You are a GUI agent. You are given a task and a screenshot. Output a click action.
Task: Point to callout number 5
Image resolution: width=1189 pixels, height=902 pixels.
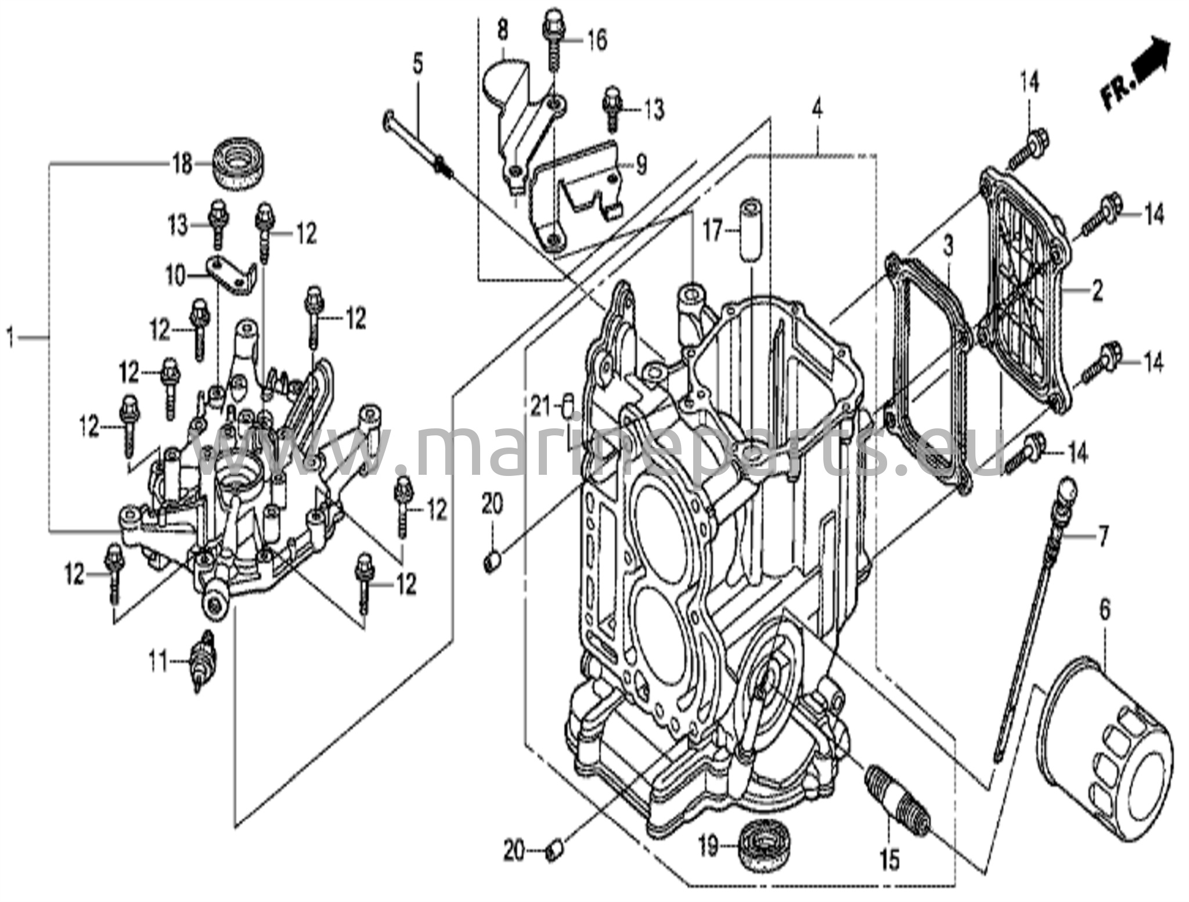(x=418, y=64)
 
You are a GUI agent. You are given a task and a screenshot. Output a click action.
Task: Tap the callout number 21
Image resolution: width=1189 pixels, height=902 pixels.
(x=540, y=406)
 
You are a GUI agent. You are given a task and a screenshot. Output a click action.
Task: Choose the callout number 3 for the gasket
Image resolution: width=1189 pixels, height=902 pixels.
(x=947, y=246)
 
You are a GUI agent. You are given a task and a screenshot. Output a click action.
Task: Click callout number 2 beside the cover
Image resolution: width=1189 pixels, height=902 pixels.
(x=1096, y=290)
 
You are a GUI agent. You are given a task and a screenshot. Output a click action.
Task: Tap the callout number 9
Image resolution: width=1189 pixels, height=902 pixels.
(x=640, y=165)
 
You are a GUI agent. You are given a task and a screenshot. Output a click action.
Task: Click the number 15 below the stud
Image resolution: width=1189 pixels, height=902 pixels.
(x=889, y=859)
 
